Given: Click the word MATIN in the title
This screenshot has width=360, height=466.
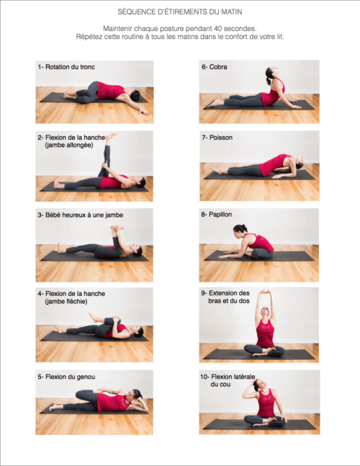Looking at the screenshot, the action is (x=232, y=12).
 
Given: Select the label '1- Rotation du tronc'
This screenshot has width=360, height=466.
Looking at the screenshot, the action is (x=66, y=67).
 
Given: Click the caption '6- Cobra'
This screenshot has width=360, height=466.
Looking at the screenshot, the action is (x=215, y=67).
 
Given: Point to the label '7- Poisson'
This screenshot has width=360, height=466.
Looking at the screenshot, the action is (x=217, y=138).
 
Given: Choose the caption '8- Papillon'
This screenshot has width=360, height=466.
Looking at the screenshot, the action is (x=217, y=215).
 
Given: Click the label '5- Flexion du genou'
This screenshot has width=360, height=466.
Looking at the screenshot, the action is (x=66, y=377).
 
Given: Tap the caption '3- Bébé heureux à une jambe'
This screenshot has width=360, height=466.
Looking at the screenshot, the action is (x=81, y=215).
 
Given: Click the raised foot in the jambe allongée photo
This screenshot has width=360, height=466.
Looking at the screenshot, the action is (x=110, y=138).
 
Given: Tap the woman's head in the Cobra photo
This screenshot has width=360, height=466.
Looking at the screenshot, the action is (x=271, y=73).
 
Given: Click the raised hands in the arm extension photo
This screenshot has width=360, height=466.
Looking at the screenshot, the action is (x=266, y=292).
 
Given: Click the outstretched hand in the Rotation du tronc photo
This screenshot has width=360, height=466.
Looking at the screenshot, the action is (x=145, y=112).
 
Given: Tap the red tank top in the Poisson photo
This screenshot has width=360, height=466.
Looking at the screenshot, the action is (x=273, y=165).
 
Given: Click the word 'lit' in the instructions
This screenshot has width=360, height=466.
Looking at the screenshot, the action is (x=280, y=37).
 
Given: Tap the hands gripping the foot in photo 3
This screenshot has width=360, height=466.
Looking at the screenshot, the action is (x=117, y=228).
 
